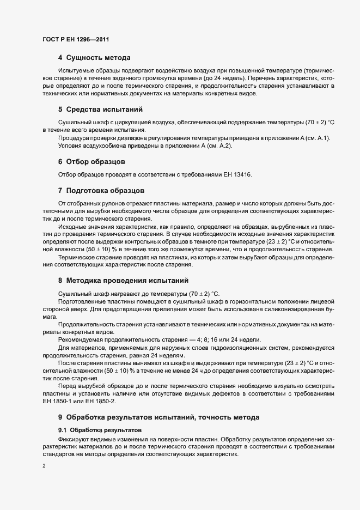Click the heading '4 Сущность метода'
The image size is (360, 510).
94,58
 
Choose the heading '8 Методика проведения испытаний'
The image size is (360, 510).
123,281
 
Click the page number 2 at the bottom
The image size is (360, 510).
44,466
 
